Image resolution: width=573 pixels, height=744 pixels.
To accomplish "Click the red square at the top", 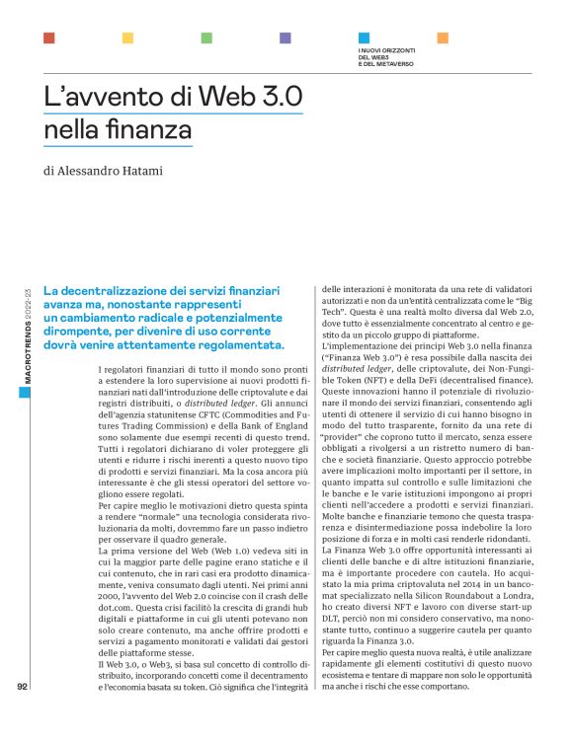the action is [48, 38].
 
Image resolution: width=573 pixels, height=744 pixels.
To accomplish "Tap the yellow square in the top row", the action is [127, 38].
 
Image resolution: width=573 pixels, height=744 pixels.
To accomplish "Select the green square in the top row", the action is [206, 38].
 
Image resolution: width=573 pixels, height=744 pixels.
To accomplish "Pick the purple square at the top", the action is [286, 38].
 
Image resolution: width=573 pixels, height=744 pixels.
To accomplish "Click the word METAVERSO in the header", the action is [392, 64].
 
